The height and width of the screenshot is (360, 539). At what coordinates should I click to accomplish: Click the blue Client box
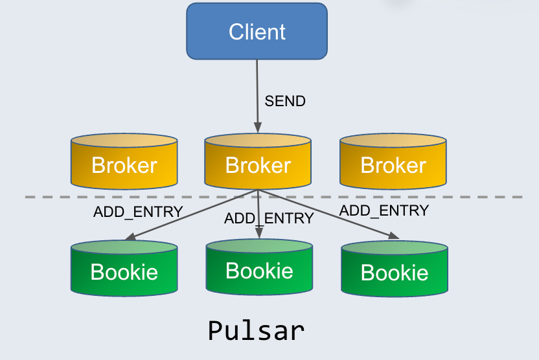click(x=257, y=31)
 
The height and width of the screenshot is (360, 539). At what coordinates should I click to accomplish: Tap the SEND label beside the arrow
click(x=285, y=101)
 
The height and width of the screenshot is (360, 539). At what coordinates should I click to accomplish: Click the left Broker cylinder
click(x=124, y=162)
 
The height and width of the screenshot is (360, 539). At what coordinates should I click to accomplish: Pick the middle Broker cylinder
click(x=257, y=162)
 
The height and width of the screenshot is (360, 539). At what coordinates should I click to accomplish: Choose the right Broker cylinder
click(x=393, y=162)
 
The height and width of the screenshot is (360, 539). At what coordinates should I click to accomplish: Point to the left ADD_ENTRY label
click(x=138, y=212)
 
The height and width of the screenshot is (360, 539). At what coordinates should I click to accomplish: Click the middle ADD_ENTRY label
click(x=269, y=218)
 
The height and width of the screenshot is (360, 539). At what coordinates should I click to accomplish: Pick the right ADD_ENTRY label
click(x=384, y=210)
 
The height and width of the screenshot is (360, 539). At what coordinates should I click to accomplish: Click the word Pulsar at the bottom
click(x=256, y=330)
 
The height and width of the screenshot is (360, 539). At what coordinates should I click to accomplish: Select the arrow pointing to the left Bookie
click(x=188, y=217)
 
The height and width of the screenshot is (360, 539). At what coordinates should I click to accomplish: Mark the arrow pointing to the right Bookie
click(x=330, y=215)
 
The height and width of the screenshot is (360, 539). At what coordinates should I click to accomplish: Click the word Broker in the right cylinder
click(x=393, y=165)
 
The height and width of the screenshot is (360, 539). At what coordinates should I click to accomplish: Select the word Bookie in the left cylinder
click(x=124, y=272)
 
